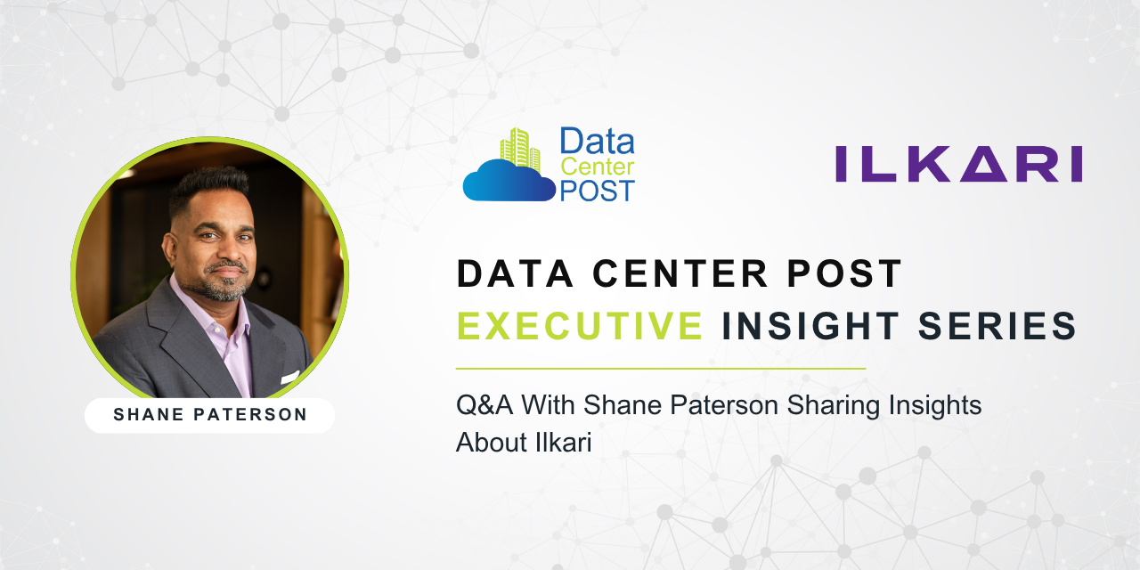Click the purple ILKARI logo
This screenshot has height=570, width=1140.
pyautogui.click(x=959, y=163)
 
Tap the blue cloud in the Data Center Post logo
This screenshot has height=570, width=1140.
pyautogui.click(x=509, y=180)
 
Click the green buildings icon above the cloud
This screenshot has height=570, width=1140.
pyautogui.click(x=519, y=147)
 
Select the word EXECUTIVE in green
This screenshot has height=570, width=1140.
pyautogui.click(x=580, y=325)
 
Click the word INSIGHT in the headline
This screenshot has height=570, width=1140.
pyautogui.click(x=810, y=325)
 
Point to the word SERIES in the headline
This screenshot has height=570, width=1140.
pyautogui.click(x=997, y=325)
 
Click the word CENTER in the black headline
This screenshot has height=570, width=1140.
pyautogui.click(x=680, y=273)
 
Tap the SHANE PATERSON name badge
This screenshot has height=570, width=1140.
pyautogui.click(x=209, y=415)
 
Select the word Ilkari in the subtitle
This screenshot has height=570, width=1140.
pyautogui.click(x=564, y=442)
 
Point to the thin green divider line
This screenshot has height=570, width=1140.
pyautogui.click(x=661, y=368)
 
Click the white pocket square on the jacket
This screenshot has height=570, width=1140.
pyautogui.click(x=289, y=378)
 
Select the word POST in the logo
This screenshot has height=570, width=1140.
pyautogui.click(x=597, y=191)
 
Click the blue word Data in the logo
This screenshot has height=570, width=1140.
pyautogui.click(x=597, y=141)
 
